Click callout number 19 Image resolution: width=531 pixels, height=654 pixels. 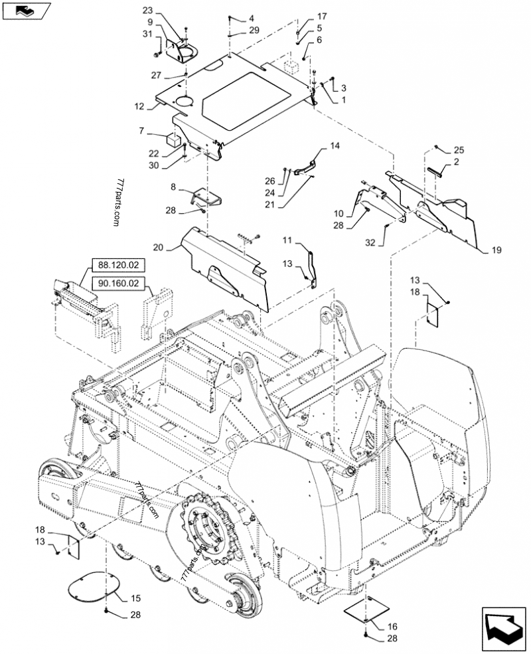coord(496,251)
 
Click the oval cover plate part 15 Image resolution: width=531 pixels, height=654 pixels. coord(94,584)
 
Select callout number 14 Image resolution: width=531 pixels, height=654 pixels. coord(335,145)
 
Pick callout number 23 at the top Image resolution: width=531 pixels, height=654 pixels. coord(147,10)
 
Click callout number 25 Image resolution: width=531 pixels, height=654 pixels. coord(459,151)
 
